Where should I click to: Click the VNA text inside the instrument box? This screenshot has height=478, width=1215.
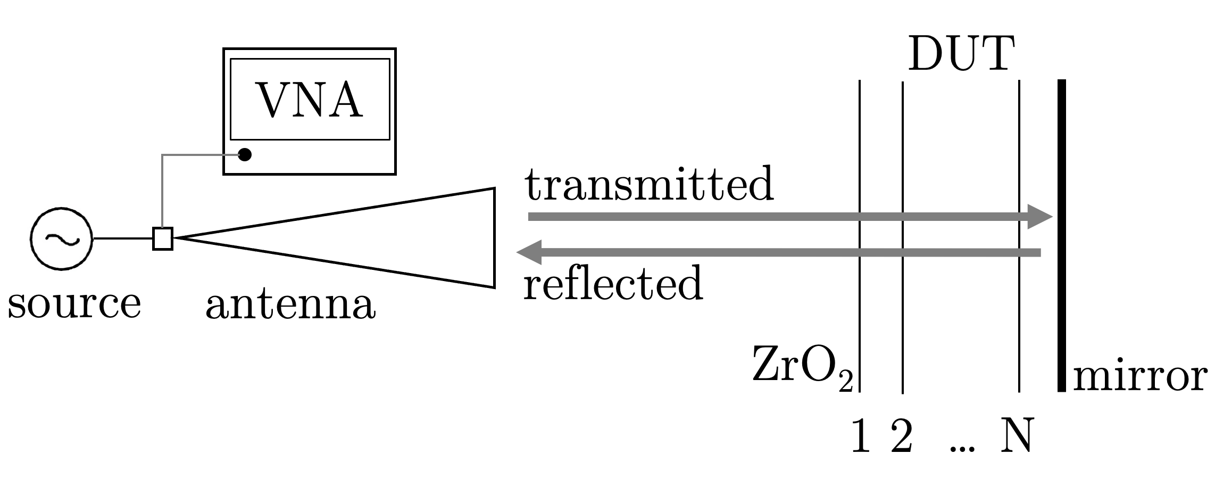coord(310,100)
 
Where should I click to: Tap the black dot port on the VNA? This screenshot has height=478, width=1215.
coord(245,155)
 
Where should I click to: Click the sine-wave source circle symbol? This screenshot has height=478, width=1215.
coord(62,238)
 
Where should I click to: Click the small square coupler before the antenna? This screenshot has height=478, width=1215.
coord(163,238)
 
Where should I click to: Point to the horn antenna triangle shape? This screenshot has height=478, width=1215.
coord(372,238)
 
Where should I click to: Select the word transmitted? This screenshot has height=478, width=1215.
coord(649,184)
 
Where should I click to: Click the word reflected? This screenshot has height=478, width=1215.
coord(613,283)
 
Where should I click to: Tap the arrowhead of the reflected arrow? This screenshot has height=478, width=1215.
coord(530,252)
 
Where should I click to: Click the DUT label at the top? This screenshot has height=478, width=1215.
coord(961,54)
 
